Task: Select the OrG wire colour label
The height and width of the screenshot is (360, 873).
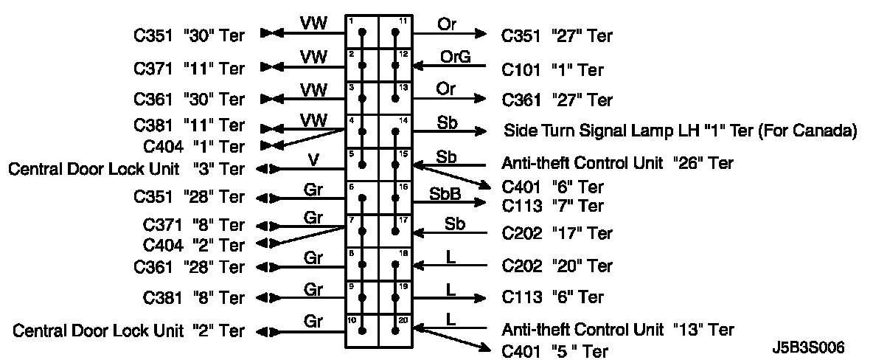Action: [x=455, y=57]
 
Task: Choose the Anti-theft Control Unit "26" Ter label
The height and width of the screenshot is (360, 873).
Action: [x=617, y=163]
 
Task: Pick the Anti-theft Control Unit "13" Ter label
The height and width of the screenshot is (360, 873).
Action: [x=617, y=329]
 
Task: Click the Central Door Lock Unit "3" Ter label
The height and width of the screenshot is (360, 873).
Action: [x=126, y=169]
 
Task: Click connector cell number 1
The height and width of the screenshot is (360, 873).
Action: [x=362, y=32]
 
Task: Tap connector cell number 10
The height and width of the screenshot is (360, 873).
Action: [x=362, y=331]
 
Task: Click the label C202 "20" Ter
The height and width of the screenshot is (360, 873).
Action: [x=557, y=265]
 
